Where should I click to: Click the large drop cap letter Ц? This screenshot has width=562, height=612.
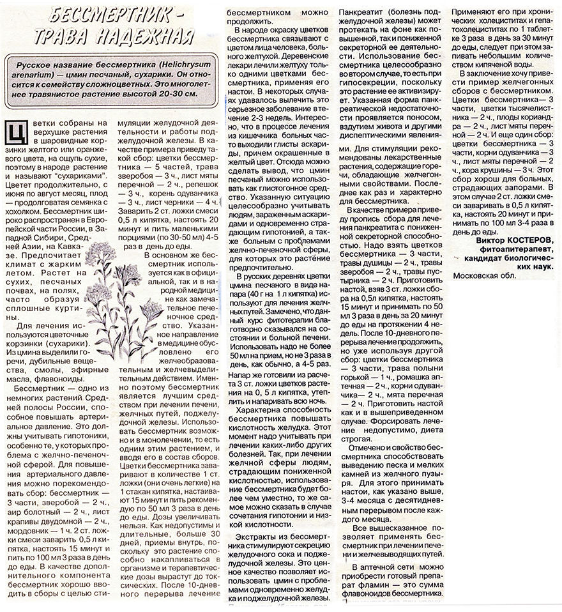pos(17,133)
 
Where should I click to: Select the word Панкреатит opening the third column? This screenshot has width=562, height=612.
pos(363,12)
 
